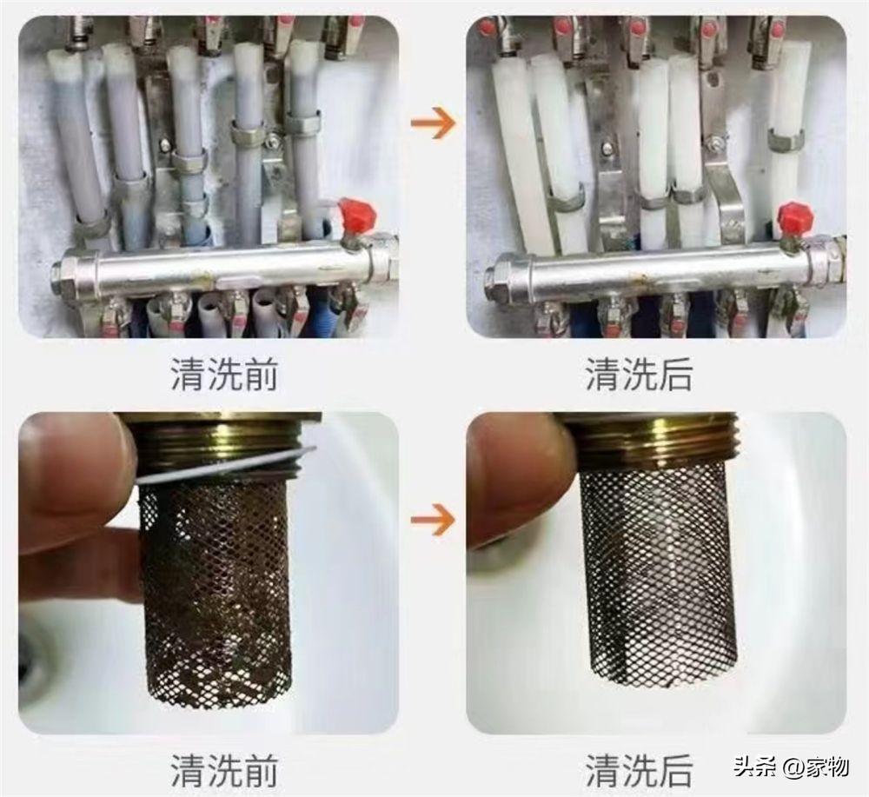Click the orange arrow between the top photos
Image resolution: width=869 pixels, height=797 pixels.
click(x=432, y=121)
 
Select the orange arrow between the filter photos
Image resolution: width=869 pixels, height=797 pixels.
click(x=432, y=520)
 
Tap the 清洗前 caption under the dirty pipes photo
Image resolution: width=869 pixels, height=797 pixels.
click(x=223, y=374)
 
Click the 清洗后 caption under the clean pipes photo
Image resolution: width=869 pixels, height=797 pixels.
click(x=640, y=374)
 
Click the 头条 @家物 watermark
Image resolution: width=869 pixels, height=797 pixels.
click(x=792, y=768)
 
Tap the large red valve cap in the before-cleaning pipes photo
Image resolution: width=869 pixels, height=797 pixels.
click(x=358, y=213)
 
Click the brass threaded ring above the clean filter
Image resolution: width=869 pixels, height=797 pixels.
click(x=654, y=438)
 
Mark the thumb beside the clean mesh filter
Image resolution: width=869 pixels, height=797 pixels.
click(x=515, y=476)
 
